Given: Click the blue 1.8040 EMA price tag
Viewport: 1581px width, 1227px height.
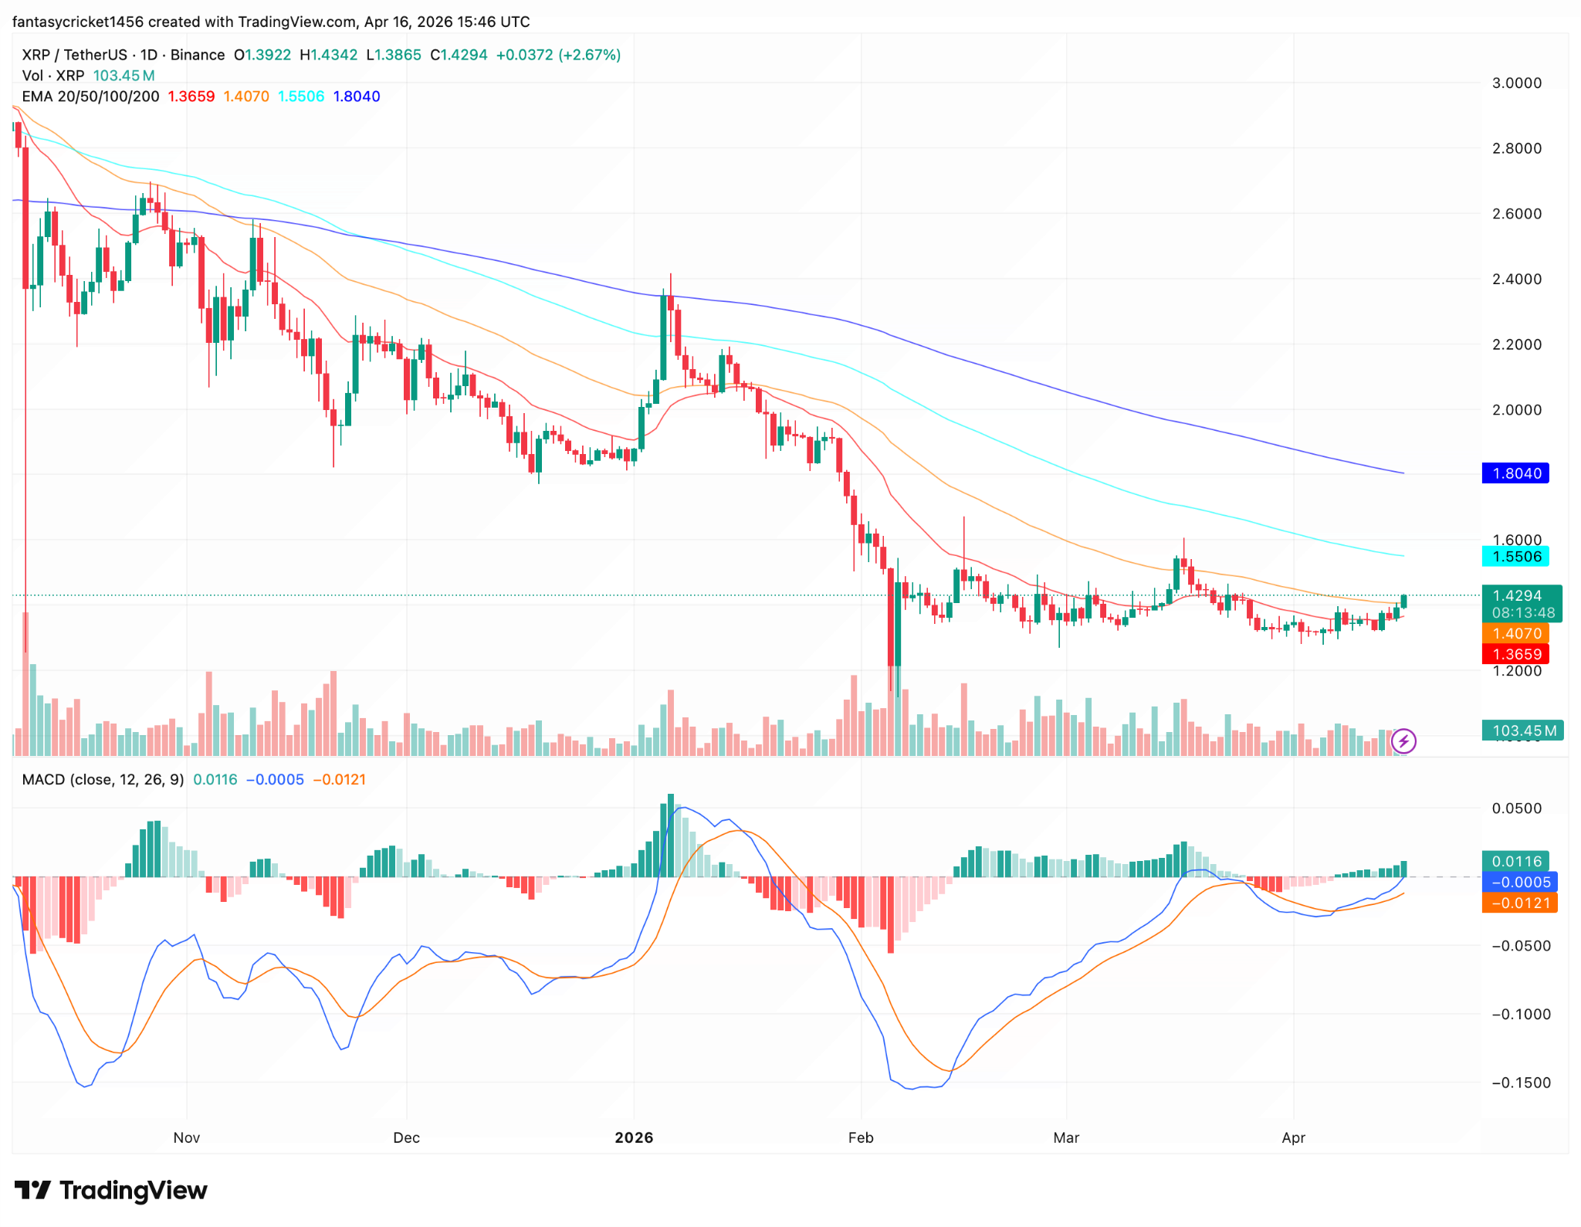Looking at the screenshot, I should click(x=1516, y=473).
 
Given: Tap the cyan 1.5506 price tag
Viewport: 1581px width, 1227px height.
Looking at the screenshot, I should click(x=1516, y=557).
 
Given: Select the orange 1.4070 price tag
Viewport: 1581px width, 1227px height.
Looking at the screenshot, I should click(x=1516, y=634).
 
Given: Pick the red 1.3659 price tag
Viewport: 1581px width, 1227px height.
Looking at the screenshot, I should click(x=1516, y=654).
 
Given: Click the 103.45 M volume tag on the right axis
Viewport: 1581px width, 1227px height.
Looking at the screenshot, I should click(x=1522, y=730).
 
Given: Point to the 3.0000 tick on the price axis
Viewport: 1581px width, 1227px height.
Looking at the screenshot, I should click(x=1516, y=83).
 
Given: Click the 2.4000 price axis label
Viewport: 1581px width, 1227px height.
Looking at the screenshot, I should click(x=1516, y=279).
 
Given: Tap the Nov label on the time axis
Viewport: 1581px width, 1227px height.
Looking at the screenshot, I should click(x=187, y=1137).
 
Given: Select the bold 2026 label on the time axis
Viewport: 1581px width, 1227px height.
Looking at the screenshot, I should click(x=634, y=1137).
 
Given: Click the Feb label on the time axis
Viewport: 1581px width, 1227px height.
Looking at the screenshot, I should click(x=861, y=1137).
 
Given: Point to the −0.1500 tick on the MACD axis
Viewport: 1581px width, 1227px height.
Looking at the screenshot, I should click(x=1520, y=1083).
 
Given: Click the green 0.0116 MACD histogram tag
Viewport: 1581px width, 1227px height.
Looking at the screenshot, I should click(x=1516, y=861).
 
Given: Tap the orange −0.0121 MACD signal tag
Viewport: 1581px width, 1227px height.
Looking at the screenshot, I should click(x=1519, y=903).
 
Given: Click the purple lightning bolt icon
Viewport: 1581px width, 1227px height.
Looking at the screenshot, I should click(x=1403, y=742).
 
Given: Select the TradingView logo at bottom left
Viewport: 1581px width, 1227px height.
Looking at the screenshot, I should click(x=111, y=1191).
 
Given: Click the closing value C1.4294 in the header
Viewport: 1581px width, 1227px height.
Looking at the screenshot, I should click(x=459, y=55).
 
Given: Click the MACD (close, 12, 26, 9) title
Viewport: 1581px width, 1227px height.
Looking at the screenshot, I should click(x=103, y=780).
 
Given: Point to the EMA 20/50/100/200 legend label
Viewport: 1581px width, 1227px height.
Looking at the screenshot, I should click(x=90, y=97).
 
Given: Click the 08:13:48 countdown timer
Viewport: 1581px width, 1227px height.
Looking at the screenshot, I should click(x=1522, y=613).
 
